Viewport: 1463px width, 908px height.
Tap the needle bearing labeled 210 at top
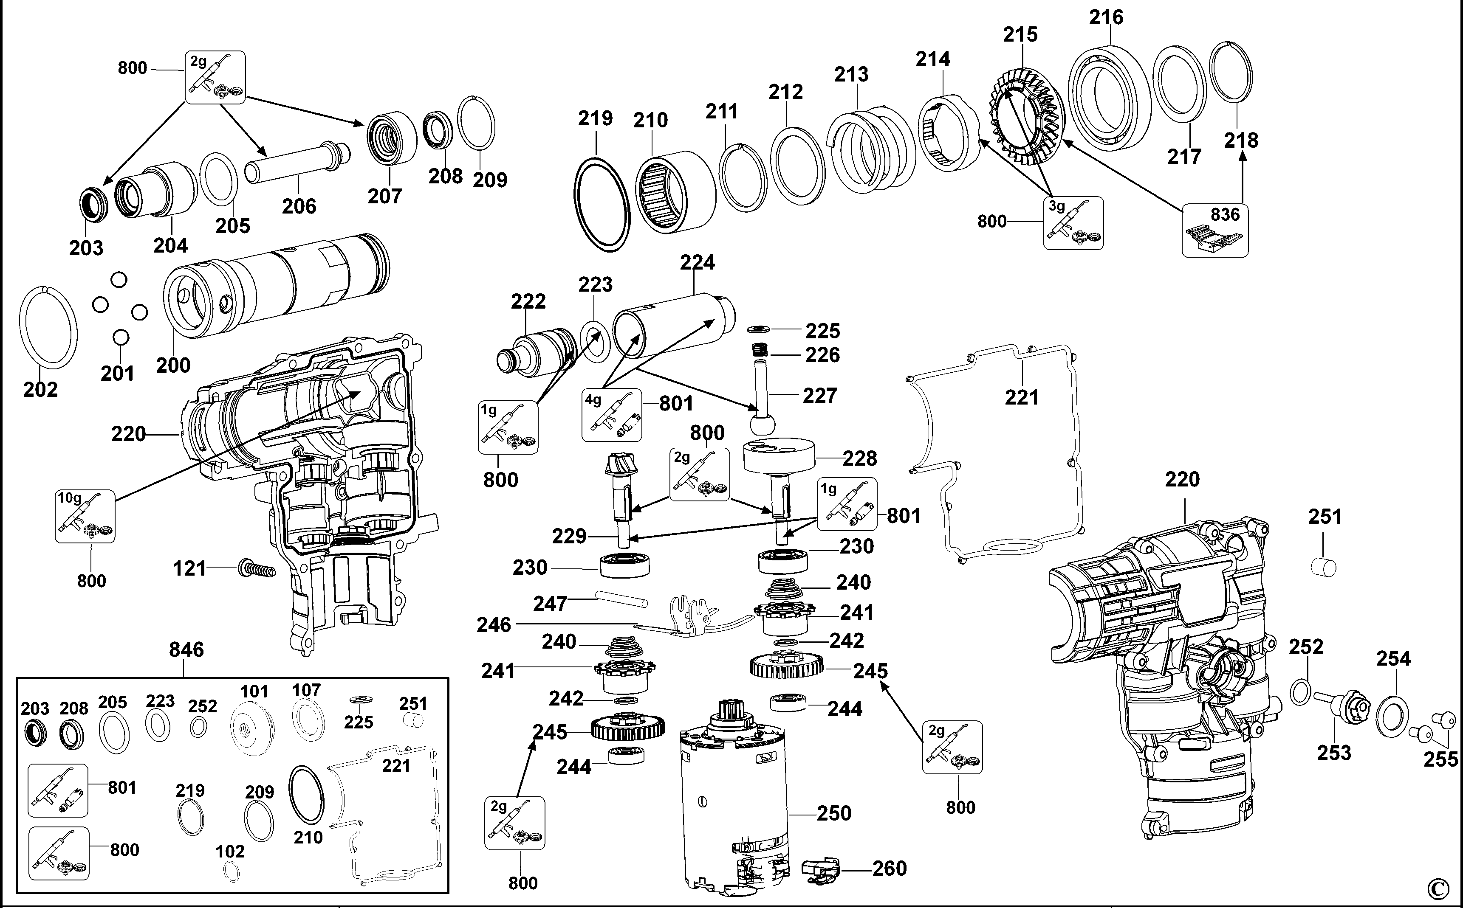(x=675, y=189)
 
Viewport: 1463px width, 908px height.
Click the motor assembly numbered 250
(x=733, y=805)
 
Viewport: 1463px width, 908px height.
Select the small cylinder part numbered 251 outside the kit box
(x=1324, y=567)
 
